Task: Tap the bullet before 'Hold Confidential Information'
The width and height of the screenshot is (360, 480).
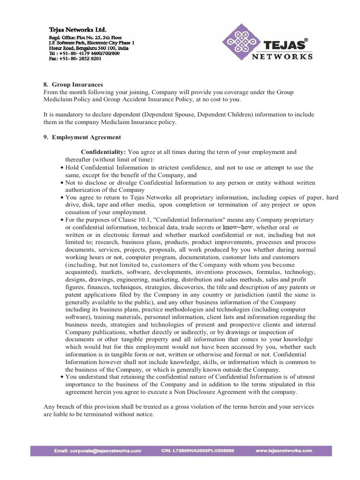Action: click(63, 168)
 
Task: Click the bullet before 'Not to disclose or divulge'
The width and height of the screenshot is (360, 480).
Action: click(63, 183)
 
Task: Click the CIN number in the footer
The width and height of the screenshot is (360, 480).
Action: click(195, 450)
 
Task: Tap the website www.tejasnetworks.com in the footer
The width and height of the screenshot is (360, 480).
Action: click(284, 450)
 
